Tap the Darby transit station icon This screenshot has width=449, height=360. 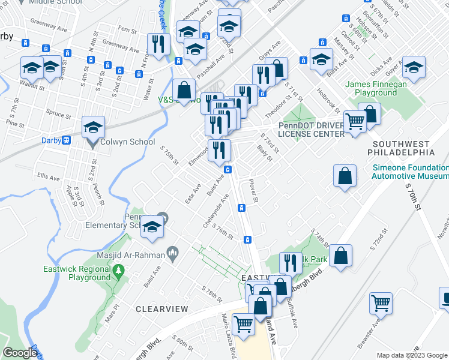click(x=67, y=140)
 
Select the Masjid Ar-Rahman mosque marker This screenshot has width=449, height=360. click(x=173, y=254)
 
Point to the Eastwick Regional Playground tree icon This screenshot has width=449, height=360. click(x=119, y=272)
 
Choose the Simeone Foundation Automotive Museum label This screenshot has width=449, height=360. click(x=410, y=172)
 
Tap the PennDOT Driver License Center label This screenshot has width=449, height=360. click(x=310, y=130)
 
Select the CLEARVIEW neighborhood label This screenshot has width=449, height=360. click(x=161, y=309)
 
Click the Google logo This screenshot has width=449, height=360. click(x=19, y=353)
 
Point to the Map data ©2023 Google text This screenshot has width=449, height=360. click(x=412, y=355)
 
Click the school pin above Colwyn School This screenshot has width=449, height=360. click(x=94, y=128)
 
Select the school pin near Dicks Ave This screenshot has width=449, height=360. click(x=414, y=68)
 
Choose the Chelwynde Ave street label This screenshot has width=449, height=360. click(x=217, y=211)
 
